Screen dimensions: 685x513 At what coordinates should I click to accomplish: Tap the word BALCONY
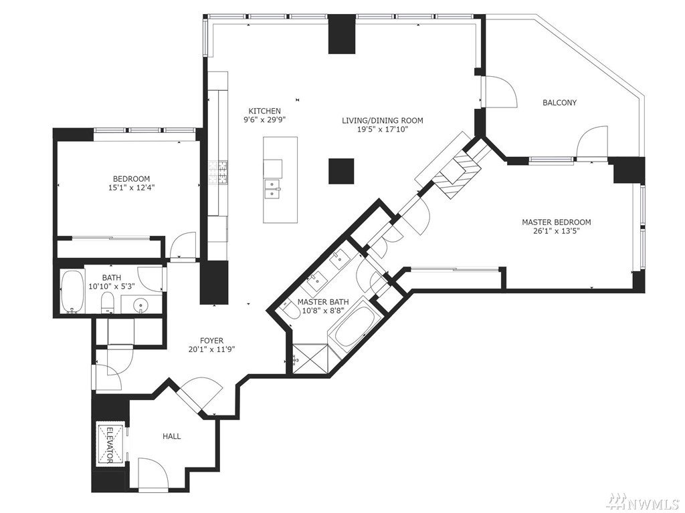(559, 103)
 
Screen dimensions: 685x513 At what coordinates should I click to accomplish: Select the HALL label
(172, 436)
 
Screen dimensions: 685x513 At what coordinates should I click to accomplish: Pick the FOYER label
(211, 341)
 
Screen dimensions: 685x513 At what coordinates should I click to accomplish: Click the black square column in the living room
(341, 172)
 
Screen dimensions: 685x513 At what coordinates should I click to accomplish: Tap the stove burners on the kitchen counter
(218, 172)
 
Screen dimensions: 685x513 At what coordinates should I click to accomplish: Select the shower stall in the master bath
(309, 359)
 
